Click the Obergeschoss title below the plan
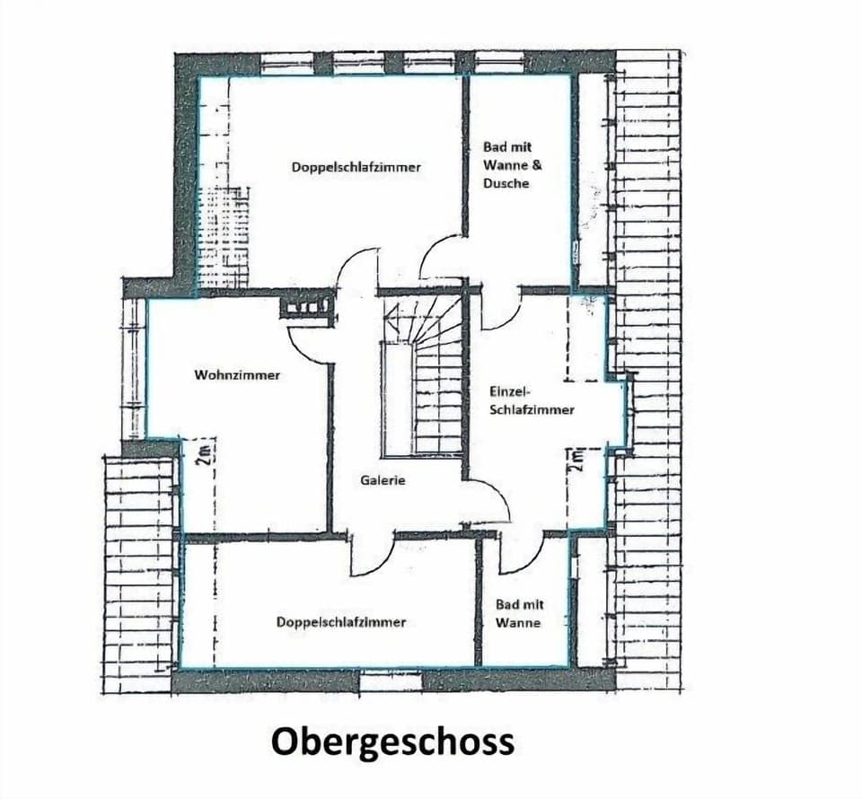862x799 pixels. (392, 742)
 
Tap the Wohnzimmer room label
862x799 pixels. (237, 375)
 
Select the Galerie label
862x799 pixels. (383, 480)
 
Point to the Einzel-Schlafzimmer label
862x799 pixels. (532, 400)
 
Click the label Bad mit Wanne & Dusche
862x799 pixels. (512, 164)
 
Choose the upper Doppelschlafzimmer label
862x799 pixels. (356, 167)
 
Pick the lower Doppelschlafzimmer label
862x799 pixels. (341, 622)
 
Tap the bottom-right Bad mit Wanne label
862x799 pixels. (520, 613)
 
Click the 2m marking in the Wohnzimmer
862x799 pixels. (204, 455)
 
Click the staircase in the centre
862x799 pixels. (422, 377)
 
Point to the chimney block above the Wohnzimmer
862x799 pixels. (306, 307)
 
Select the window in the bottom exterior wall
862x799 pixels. (391, 681)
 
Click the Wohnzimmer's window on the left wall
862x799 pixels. (134, 368)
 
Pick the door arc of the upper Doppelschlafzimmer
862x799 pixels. (357, 269)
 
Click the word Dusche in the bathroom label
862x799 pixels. (506, 183)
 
